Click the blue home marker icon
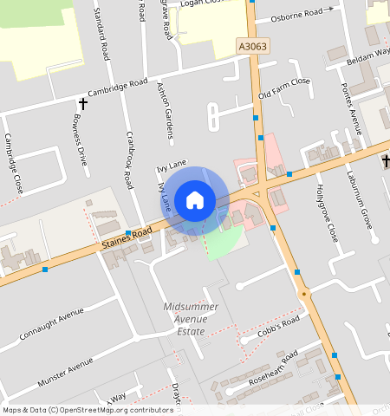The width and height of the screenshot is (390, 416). click(x=195, y=200)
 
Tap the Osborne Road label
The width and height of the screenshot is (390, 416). click(x=302, y=15)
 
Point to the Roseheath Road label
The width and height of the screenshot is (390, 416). click(x=272, y=365)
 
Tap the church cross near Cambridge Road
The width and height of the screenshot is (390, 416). click(x=84, y=104)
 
